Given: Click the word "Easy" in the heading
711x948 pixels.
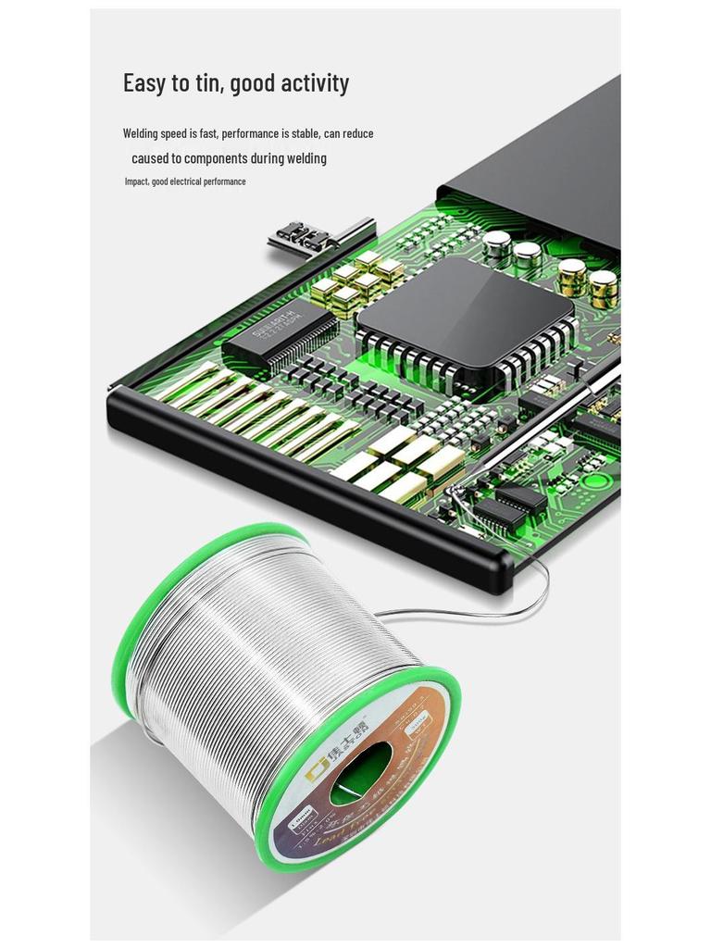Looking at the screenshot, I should [x=145, y=83].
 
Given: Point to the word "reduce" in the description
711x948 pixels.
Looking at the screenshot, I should [x=357, y=134].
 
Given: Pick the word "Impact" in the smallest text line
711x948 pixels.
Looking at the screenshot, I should [x=136, y=181].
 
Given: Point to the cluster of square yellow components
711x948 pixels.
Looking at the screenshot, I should [x=356, y=279].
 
